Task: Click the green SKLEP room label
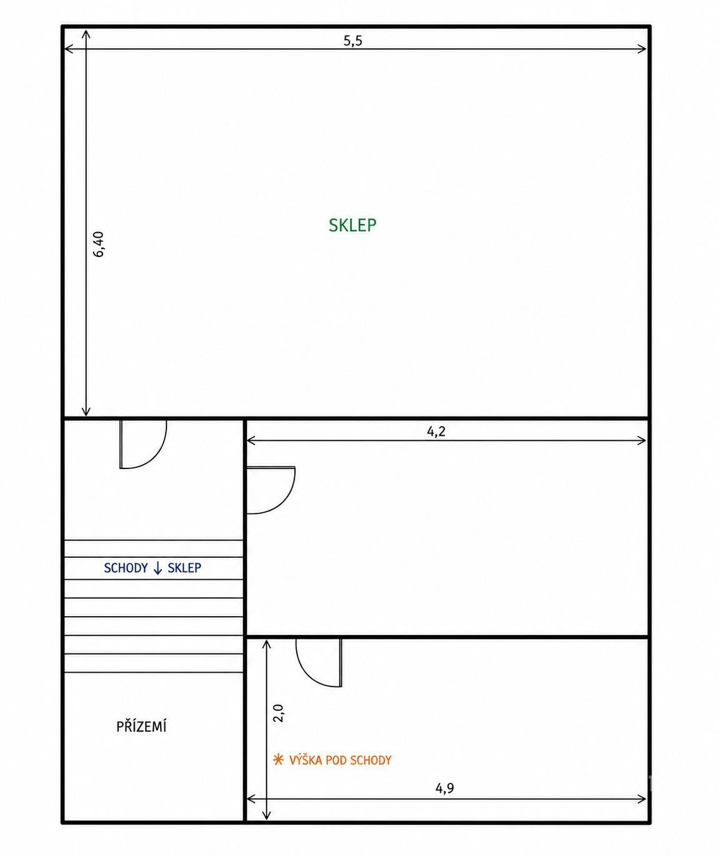tap(353, 225)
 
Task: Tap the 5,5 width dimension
tap(353, 41)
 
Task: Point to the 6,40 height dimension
tap(99, 244)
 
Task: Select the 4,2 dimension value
tap(436, 432)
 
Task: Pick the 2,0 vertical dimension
tap(278, 713)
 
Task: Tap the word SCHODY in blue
tap(126, 568)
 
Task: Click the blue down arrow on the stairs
tap(158, 569)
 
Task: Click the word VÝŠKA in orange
tap(306, 761)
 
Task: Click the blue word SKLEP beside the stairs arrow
tap(184, 568)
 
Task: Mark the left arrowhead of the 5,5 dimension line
tap(69, 49)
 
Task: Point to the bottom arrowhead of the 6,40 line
tap(86, 411)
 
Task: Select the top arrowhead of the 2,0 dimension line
tap(266, 645)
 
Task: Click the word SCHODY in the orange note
tap(371, 761)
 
